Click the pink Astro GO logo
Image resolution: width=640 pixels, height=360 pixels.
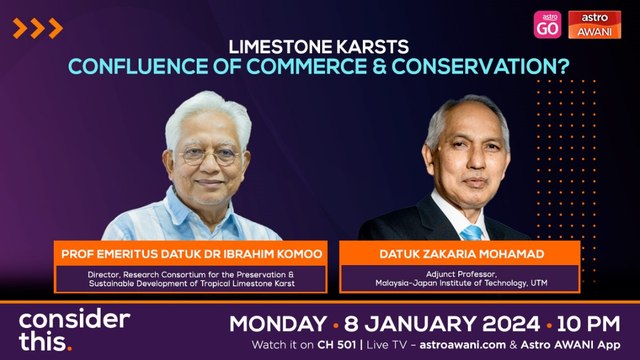pyautogui.click(x=547, y=25)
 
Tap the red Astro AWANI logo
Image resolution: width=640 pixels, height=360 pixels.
pyautogui.click(x=594, y=25)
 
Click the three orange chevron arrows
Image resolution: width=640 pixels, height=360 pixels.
pyautogui.click(x=38, y=28)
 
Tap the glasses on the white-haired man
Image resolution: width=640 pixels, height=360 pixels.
pyautogui.click(x=209, y=155)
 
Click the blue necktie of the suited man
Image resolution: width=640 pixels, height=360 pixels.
pyautogui.click(x=471, y=233)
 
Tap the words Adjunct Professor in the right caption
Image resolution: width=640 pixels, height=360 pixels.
pyautogui.click(x=461, y=274)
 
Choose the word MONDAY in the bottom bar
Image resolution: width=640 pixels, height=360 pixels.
pyautogui.click(x=278, y=324)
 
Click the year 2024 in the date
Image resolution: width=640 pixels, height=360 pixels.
pyautogui.click(x=511, y=324)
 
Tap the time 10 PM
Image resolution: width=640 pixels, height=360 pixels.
pyautogui.click(x=589, y=324)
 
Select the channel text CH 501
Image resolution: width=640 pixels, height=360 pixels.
pyautogui.click(x=337, y=345)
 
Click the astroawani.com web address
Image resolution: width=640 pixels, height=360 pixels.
pyautogui.click(x=462, y=345)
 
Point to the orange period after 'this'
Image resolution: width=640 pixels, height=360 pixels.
pyautogui.click(x=69, y=348)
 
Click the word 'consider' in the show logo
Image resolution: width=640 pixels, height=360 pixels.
pyautogui.click(x=74, y=319)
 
